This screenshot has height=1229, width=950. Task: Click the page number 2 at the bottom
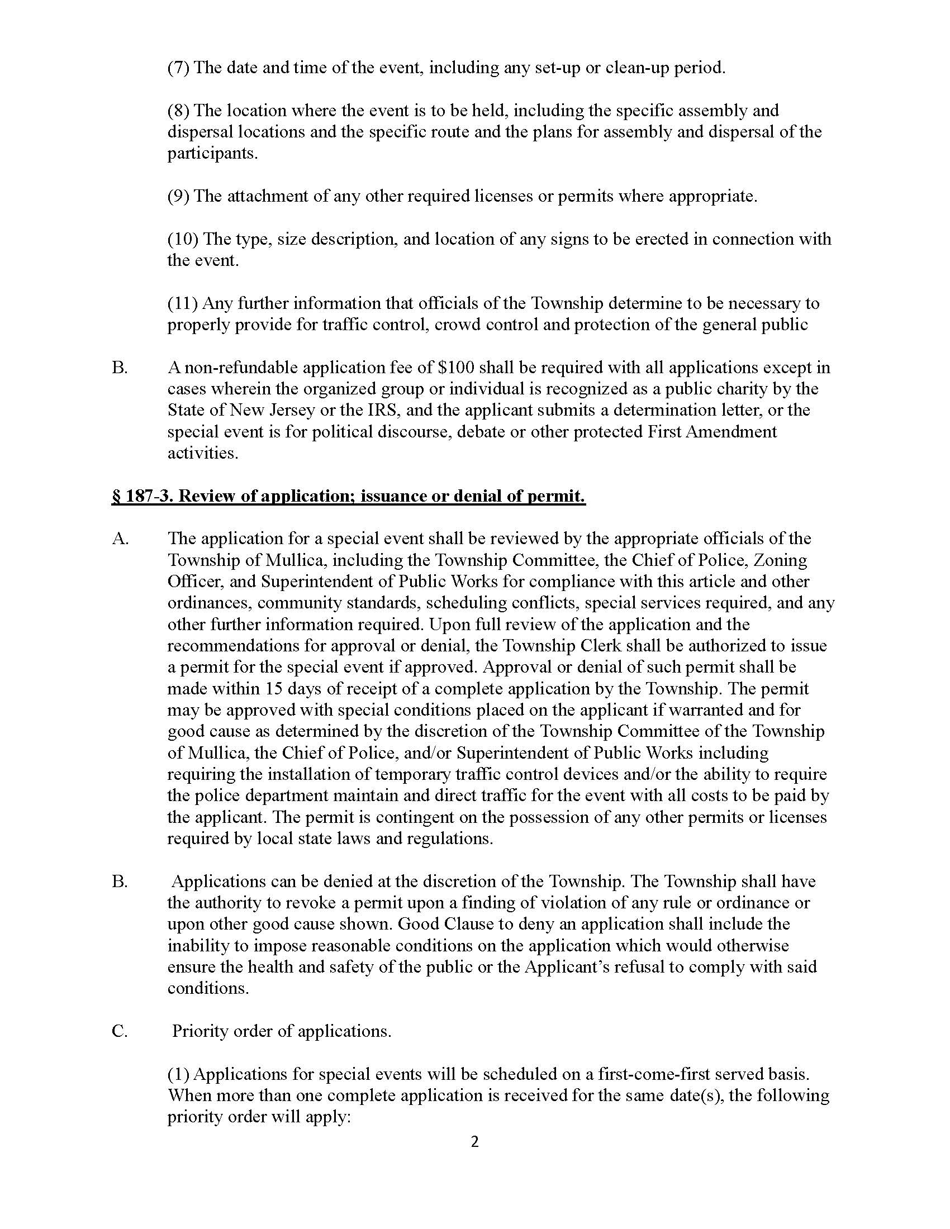[x=474, y=1142]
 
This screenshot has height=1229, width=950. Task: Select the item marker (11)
[x=182, y=303]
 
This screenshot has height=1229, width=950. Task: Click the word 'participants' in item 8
[x=212, y=153]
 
